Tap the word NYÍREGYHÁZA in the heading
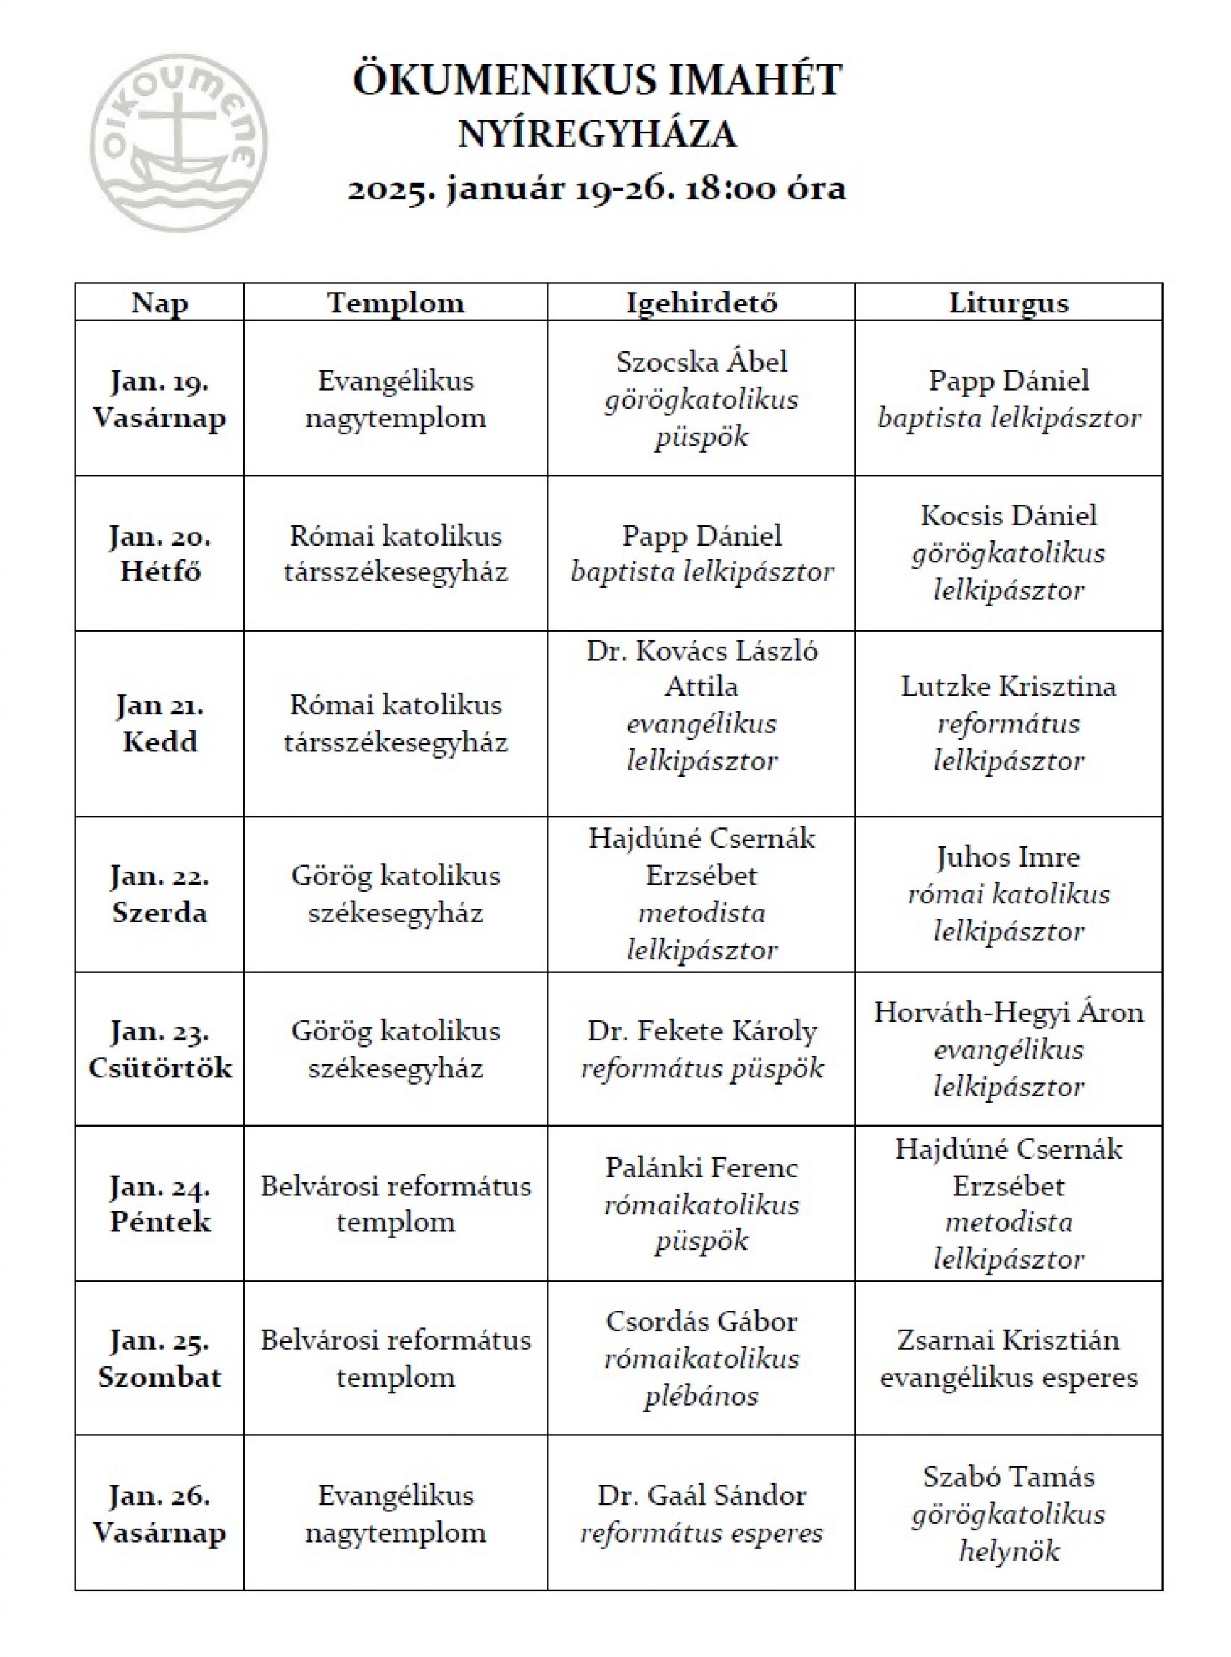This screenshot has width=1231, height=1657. coord(597,135)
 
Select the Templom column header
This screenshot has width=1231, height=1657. coord(396,303)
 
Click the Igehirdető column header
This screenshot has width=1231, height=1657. coord(701,303)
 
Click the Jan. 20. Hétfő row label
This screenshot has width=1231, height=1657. coord(159,554)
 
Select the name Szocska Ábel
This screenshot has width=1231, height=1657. coord(701,362)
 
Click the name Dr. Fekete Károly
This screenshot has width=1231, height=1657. coord(701,1031)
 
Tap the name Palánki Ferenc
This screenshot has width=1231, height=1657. coord(701,1167)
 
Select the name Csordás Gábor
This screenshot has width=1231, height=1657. coord(701,1321)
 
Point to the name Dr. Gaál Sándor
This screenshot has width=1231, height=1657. coord(701,1495)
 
